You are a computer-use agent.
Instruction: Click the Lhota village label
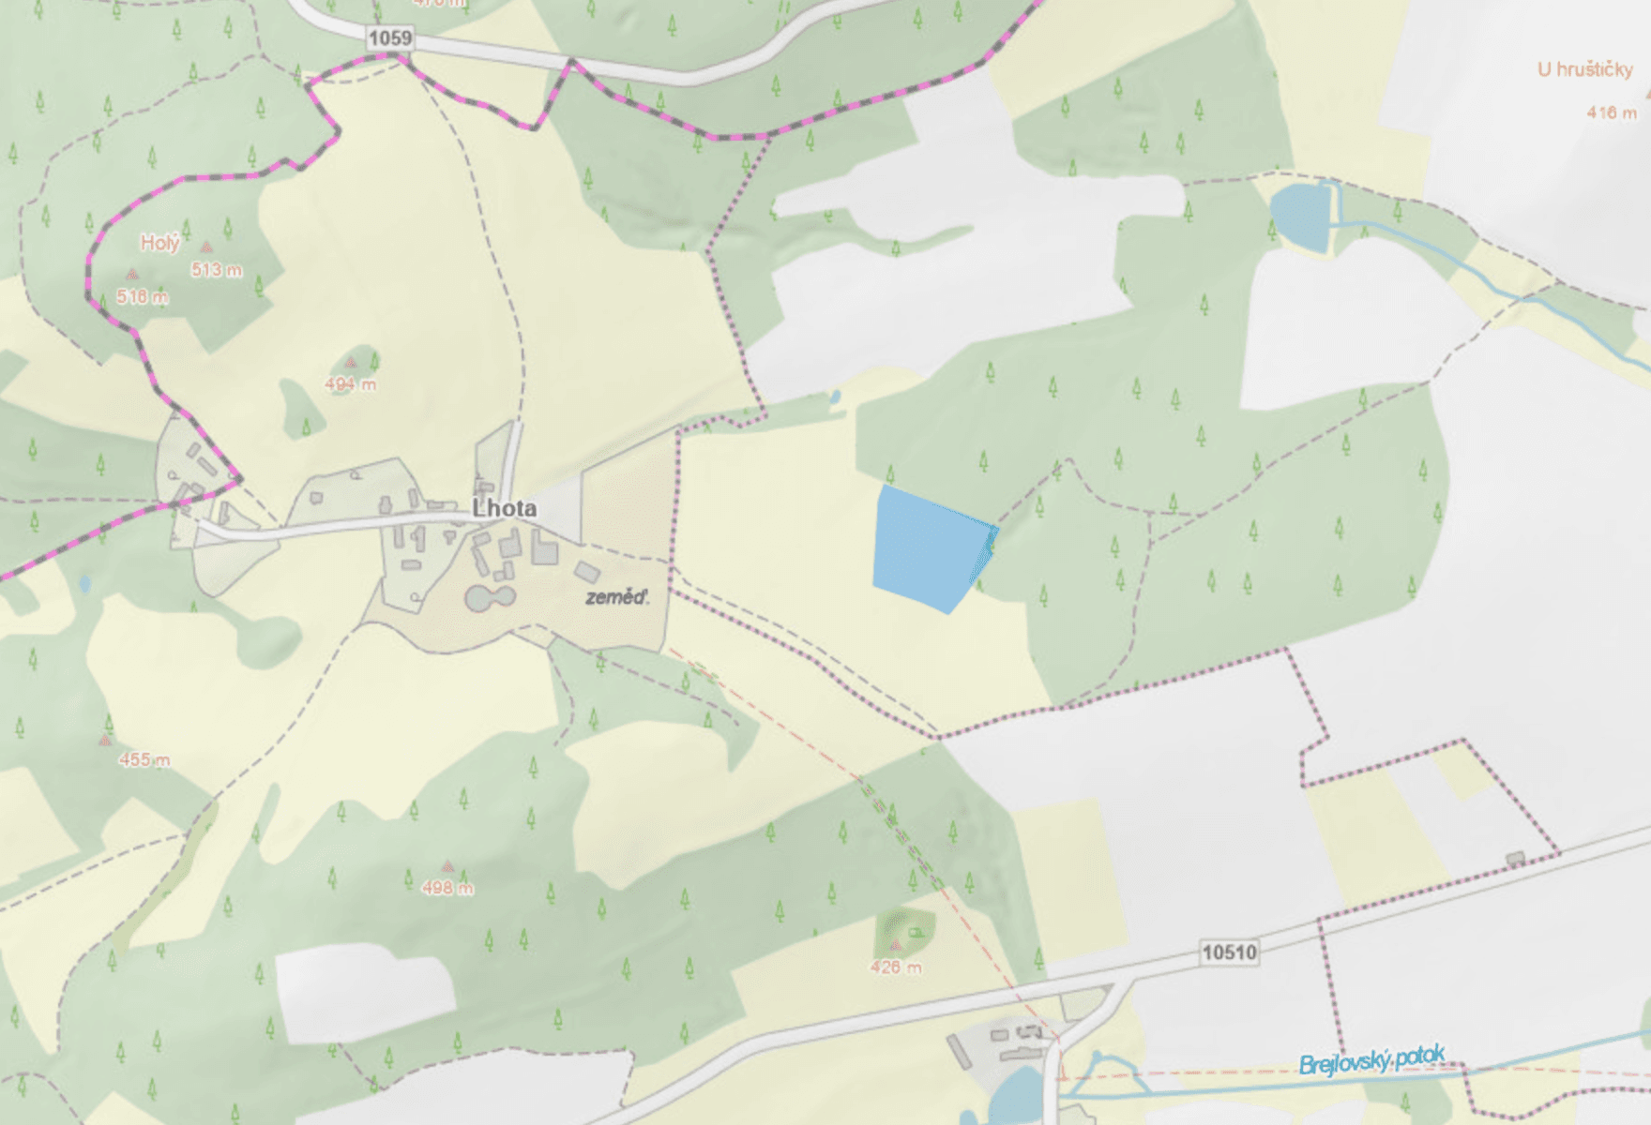click(x=505, y=509)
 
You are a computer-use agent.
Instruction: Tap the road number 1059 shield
click(x=389, y=37)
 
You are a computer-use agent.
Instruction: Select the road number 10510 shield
click(x=1229, y=952)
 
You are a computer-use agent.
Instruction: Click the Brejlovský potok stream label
click(x=1371, y=1060)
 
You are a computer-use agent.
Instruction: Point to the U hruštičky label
click(x=1584, y=69)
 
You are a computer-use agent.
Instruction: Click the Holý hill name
click(x=159, y=243)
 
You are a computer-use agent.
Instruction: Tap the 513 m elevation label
click(x=217, y=270)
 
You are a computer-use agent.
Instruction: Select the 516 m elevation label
click(x=143, y=297)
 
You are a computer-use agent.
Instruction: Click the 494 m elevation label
click(x=351, y=384)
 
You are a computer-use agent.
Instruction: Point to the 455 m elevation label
click(x=144, y=760)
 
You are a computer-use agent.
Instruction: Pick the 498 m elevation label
click(x=447, y=888)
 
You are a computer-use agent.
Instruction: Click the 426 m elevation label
click(x=896, y=967)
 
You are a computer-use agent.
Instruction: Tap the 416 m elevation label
click(x=1612, y=112)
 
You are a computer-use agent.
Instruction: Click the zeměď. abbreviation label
click(x=616, y=597)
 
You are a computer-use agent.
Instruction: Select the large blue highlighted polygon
click(x=929, y=548)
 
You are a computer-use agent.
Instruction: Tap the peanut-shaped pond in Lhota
click(x=490, y=598)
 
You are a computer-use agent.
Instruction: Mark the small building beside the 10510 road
click(x=1514, y=858)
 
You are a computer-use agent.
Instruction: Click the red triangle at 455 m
click(x=105, y=741)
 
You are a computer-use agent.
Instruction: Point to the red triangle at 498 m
click(x=447, y=866)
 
